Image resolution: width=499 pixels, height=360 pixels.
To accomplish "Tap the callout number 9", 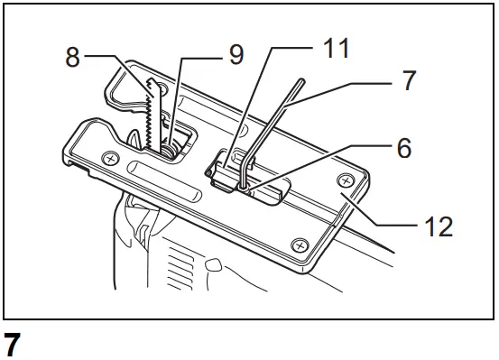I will (x=236, y=55).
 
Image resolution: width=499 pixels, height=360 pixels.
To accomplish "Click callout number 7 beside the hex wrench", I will (x=409, y=81).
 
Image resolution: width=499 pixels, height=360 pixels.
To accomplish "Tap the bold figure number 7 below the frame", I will (x=13, y=346).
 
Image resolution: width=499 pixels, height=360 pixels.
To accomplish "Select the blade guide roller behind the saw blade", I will (x=171, y=145).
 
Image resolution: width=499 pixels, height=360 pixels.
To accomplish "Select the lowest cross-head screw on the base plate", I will (x=299, y=245).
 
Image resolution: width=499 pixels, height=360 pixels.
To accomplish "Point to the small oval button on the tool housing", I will (x=214, y=266).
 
